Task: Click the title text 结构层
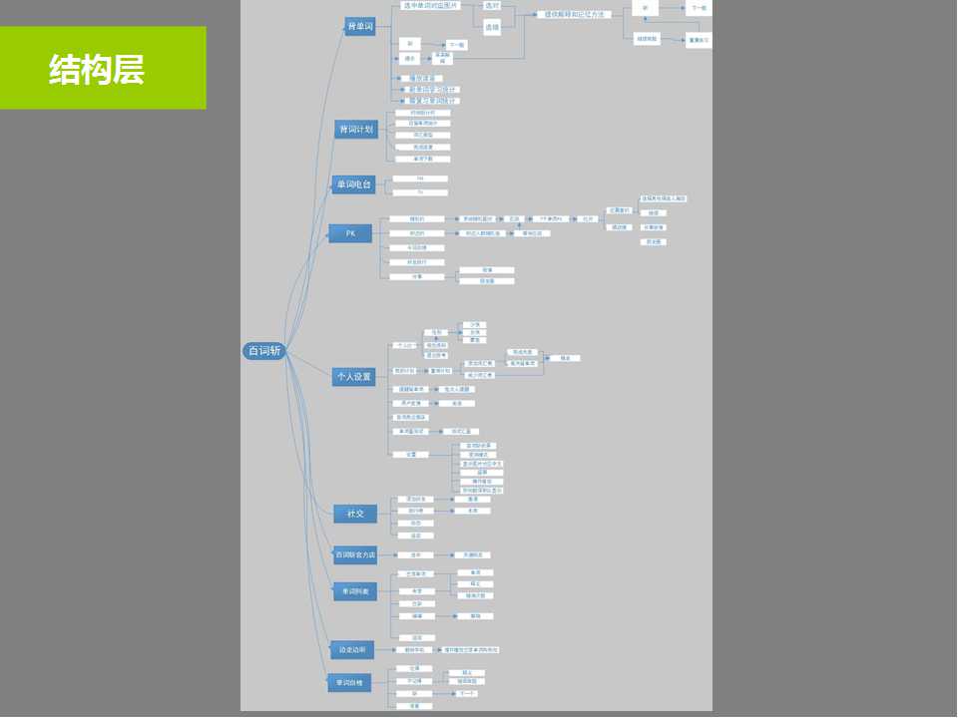click(97, 69)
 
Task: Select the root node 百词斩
click(264, 351)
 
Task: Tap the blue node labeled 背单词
click(359, 26)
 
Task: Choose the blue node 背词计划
click(355, 129)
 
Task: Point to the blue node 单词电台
click(353, 184)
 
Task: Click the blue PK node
click(350, 233)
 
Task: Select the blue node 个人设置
click(353, 377)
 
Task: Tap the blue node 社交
click(355, 514)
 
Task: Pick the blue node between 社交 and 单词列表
click(355, 554)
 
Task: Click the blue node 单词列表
click(355, 591)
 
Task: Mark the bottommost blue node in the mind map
click(349, 683)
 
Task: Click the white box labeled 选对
click(492, 6)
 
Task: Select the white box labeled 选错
click(492, 28)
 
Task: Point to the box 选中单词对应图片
click(430, 6)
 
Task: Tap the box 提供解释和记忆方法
click(574, 15)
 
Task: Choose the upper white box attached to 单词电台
click(420, 179)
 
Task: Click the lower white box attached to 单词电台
click(420, 192)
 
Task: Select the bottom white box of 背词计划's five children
click(423, 159)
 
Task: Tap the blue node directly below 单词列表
click(352, 649)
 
